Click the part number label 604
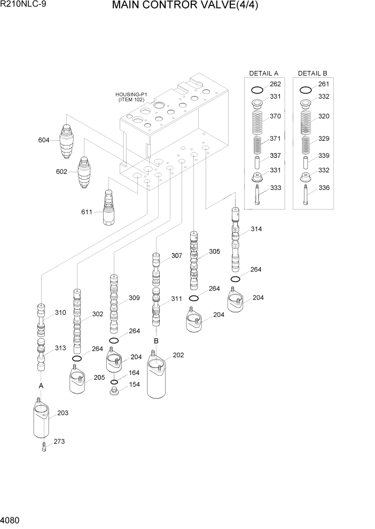[x=44, y=140]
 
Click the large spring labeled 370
[x=257, y=122]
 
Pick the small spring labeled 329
[x=306, y=145]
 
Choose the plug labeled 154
[x=114, y=392]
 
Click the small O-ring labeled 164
[x=114, y=382]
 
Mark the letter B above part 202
[x=157, y=340]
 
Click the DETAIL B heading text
[x=312, y=73]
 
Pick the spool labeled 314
[x=235, y=240]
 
